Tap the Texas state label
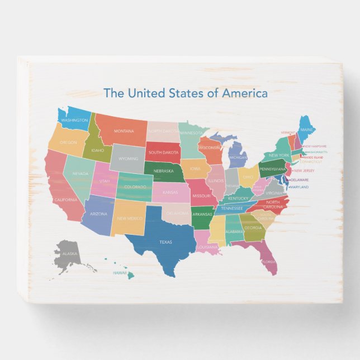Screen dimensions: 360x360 click(x=166, y=242)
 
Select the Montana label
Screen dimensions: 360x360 click(x=124, y=130)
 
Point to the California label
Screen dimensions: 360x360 click(x=65, y=200)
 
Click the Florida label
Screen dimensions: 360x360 click(x=268, y=261)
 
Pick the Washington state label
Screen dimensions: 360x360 click(x=74, y=120)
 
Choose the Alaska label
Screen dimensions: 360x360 click(x=70, y=254)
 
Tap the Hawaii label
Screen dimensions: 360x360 click(x=119, y=273)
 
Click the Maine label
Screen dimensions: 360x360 click(x=307, y=130)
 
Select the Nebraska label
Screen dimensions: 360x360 click(x=163, y=171)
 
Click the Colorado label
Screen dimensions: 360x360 click(x=135, y=187)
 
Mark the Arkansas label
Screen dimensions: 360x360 click(x=202, y=214)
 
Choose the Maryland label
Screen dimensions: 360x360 click(x=299, y=187)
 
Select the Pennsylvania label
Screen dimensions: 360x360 click(x=273, y=169)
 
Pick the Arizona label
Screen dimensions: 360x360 click(x=98, y=214)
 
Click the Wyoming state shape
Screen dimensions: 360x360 click(x=129, y=159)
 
